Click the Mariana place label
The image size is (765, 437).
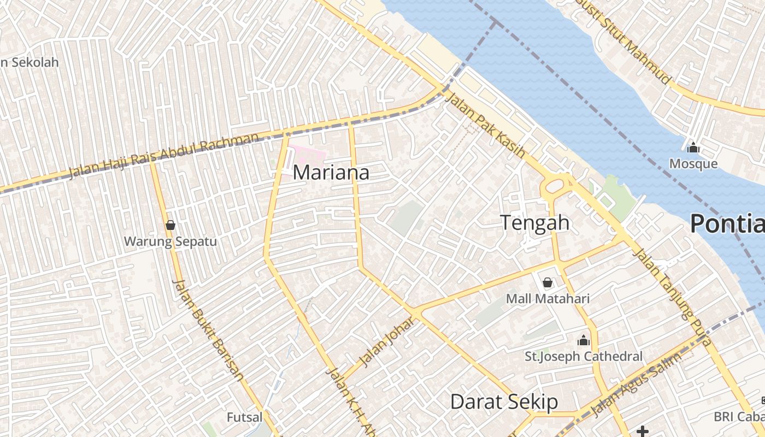click(x=331, y=173)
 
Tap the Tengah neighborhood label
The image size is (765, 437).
click(x=535, y=223)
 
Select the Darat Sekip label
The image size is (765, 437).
click(x=504, y=402)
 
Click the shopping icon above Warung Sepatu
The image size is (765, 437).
click(x=170, y=225)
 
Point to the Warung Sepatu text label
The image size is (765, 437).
click(x=170, y=241)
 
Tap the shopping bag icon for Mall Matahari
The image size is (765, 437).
click(x=547, y=282)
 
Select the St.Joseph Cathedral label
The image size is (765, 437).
click(x=584, y=357)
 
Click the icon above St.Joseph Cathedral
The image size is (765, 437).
click(x=584, y=340)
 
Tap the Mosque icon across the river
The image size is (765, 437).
click(x=693, y=147)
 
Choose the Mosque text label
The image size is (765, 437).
click(x=693, y=163)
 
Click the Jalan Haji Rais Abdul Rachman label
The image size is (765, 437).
click(x=164, y=156)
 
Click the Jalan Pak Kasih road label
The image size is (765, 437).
click(x=485, y=125)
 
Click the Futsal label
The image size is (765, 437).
click(x=244, y=417)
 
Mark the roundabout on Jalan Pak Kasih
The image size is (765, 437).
click(x=554, y=186)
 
